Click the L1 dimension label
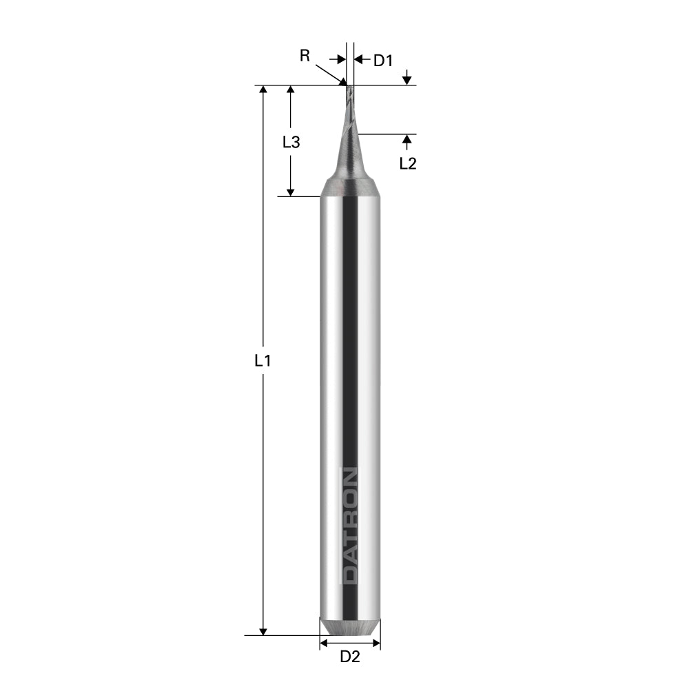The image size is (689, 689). coord(263,360)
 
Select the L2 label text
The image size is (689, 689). coord(408,163)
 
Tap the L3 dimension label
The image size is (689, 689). coord(291,143)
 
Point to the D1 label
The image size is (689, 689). coord(382,61)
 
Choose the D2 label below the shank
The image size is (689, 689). coord(350,657)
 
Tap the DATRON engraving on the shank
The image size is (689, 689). coord(351,525)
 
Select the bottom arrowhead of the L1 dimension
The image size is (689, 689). coord(263,630)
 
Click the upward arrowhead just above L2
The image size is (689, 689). coord(407,140)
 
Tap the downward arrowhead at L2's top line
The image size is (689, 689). coord(407,80)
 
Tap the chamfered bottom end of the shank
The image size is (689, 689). coord(350,628)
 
